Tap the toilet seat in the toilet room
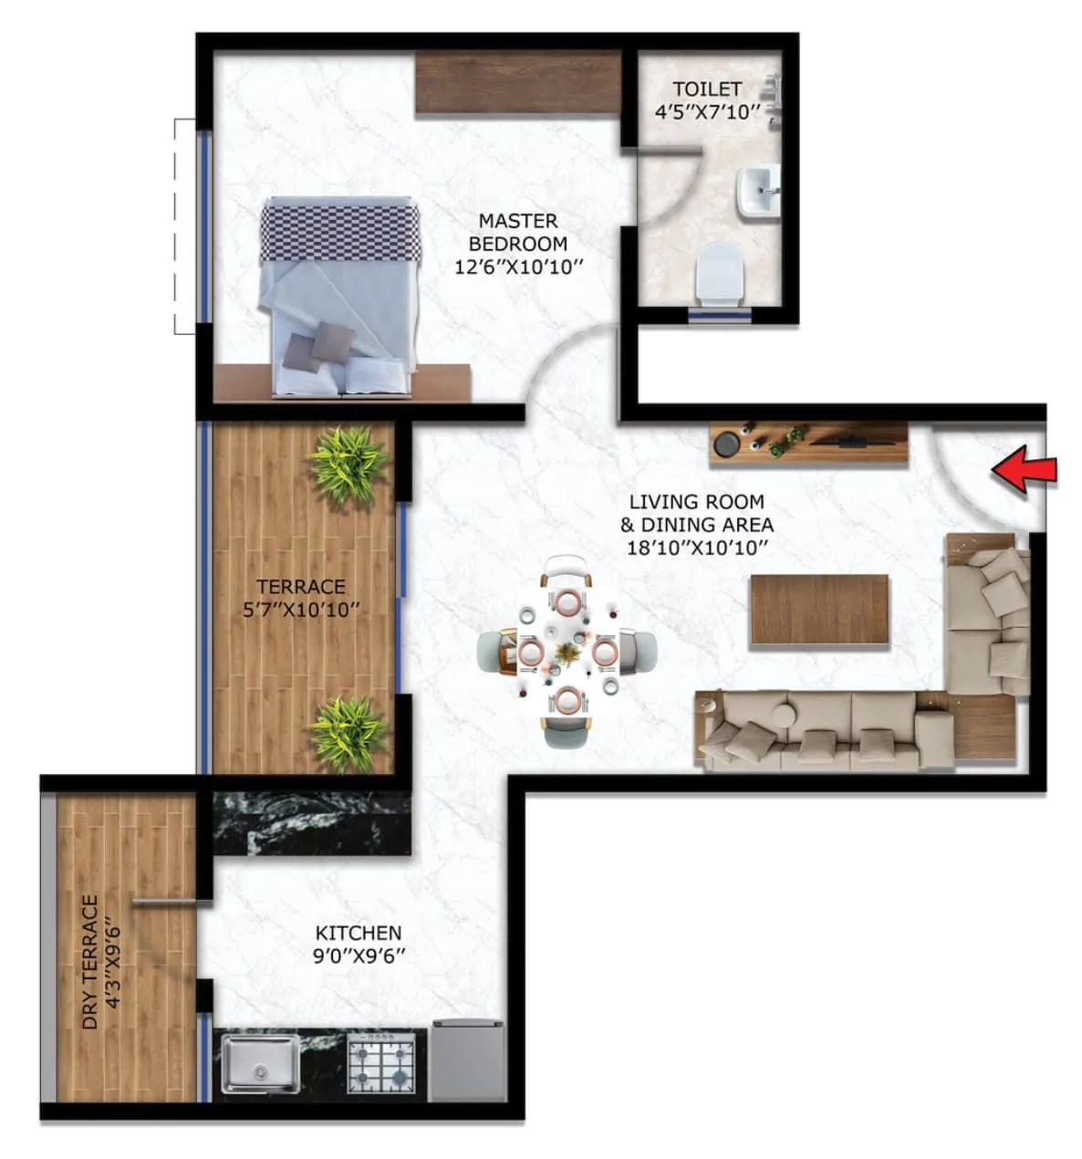point(721,271)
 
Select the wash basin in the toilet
point(756,192)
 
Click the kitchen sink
point(260,1064)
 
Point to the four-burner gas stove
point(381,1064)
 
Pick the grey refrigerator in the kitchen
point(468,1060)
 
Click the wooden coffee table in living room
point(818,611)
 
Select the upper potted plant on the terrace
point(347,463)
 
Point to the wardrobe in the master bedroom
point(518,83)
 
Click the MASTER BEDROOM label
point(518,233)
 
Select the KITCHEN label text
point(358,933)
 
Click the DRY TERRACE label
point(89,962)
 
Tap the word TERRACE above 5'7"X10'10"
point(300,586)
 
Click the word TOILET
point(707,89)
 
